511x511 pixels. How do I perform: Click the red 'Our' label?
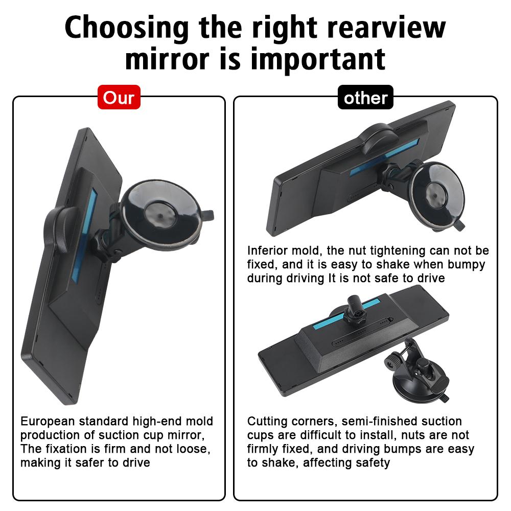point(119,97)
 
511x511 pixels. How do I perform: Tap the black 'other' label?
point(365,97)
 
